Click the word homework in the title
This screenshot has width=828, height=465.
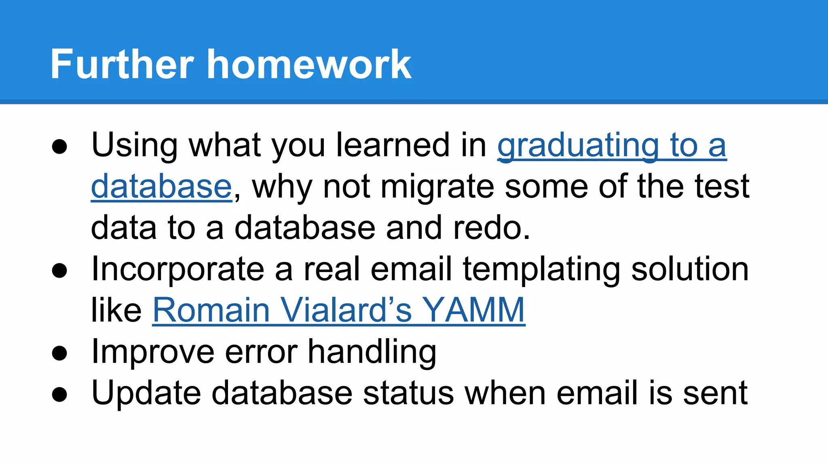[x=309, y=65]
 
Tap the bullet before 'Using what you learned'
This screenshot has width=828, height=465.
[x=59, y=147]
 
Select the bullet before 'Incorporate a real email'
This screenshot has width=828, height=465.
[x=59, y=271]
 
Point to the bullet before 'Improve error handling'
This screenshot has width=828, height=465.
[x=59, y=354]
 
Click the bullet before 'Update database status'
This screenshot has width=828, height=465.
[x=59, y=395]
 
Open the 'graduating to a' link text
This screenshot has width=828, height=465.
[x=612, y=146]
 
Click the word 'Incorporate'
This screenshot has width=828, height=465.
[x=178, y=270]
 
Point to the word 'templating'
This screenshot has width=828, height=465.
[x=541, y=270]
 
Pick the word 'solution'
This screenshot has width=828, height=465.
[x=690, y=269]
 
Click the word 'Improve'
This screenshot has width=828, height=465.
[x=153, y=352]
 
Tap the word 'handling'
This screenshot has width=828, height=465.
[x=372, y=352]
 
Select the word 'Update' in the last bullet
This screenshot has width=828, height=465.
[x=146, y=394]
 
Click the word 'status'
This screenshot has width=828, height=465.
[x=408, y=394]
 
